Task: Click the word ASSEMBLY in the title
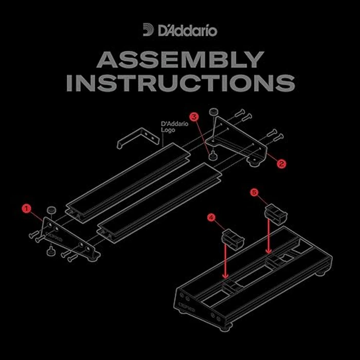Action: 180,61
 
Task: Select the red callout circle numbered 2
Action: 281,164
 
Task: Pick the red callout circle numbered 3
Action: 194,117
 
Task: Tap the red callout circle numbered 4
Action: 211,218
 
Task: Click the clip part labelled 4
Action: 233,239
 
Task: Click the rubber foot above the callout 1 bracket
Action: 51,210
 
